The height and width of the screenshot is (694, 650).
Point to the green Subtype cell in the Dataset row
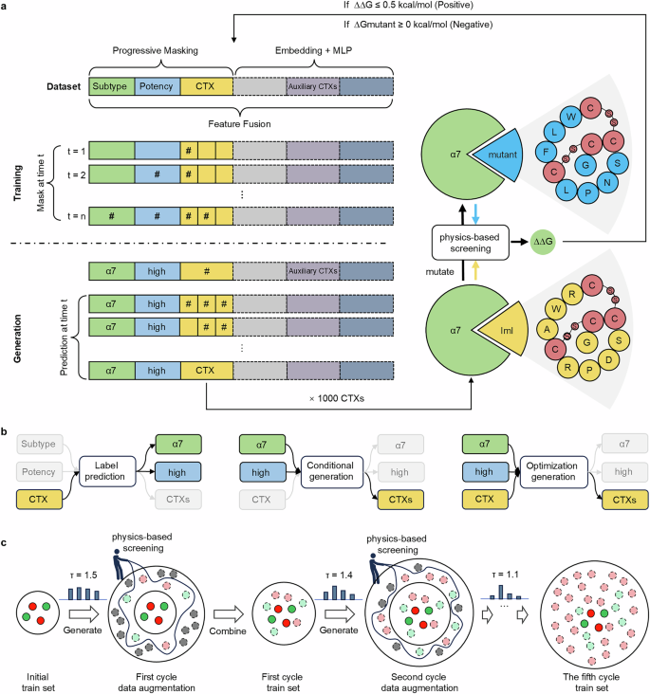point(111,86)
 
